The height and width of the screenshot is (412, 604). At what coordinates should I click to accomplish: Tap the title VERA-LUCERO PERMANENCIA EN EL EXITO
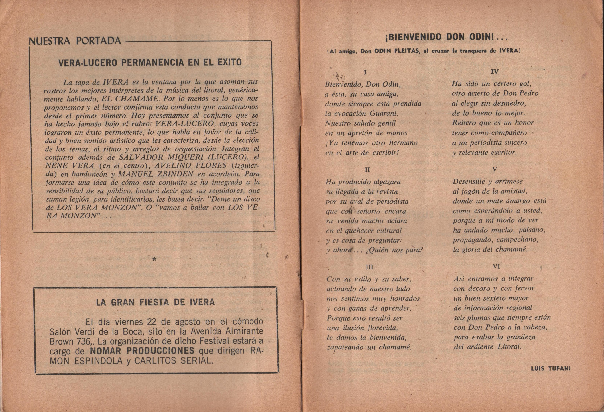pyautogui.click(x=150, y=63)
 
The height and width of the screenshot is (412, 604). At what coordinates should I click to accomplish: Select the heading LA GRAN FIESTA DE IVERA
pyautogui.click(x=156, y=302)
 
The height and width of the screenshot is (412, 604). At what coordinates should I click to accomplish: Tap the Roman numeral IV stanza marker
pyautogui.click(x=495, y=72)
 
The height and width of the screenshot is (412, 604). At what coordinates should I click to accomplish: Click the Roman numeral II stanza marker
pyautogui.click(x=367, y=170)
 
